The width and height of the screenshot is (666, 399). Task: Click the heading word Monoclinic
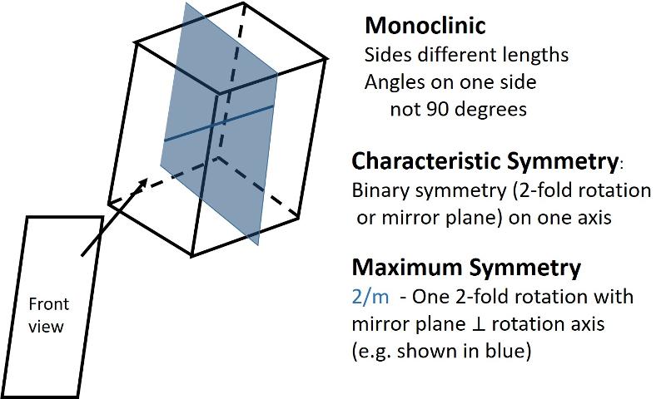[x=425, y=26]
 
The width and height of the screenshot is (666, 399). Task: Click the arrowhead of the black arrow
[x=143, y=181]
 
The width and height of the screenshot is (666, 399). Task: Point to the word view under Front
[x=47, y=326]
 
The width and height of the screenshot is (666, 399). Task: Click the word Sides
[x=385, y=55]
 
